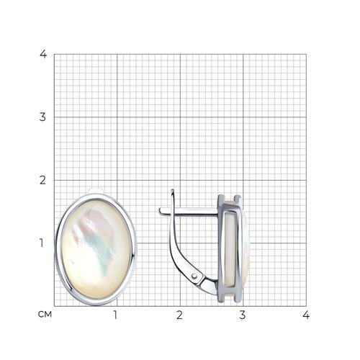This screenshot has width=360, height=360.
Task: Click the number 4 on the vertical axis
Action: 43,54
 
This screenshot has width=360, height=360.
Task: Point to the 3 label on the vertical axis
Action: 42,117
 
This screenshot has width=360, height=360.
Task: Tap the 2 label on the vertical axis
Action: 42,180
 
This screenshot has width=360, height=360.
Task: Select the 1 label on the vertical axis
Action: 42,243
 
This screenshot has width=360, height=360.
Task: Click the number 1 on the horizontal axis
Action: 115,315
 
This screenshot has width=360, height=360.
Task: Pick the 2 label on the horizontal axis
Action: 179,315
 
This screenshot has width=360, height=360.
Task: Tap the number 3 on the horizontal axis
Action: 243,315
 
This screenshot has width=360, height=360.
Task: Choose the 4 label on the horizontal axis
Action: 306,315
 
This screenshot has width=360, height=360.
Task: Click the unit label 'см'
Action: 45,315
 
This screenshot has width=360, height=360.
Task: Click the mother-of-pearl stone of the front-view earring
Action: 96,250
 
